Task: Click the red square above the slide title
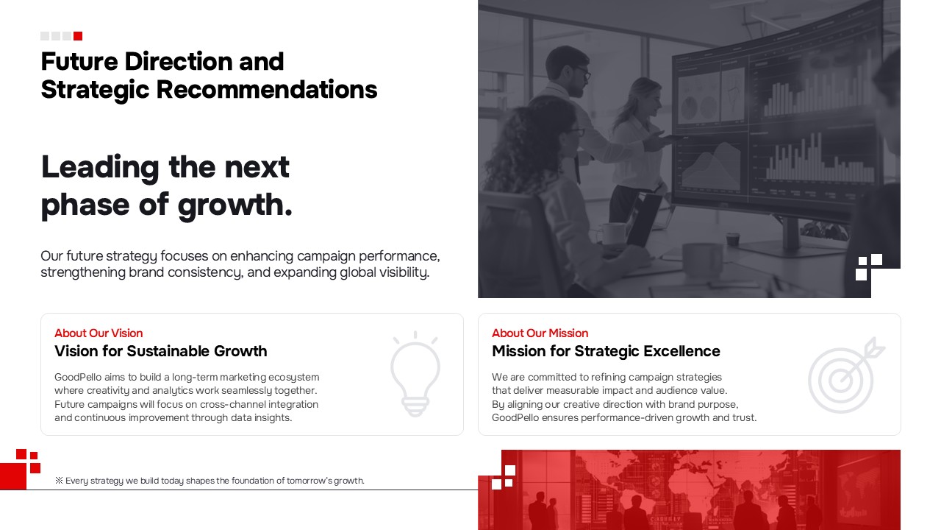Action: [x=78, y=36]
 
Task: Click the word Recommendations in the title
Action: [x=267, y=90]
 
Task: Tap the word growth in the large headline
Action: [x=235, y=205]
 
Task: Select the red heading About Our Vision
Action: [x=99, y=333]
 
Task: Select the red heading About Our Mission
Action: [x=540, y=333]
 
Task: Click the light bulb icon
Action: [x=415, y=374]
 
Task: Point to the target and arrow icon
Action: [x=846, y=375]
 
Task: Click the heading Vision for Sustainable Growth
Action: [x=161, y=351]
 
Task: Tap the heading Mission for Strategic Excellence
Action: [x=606, y=351]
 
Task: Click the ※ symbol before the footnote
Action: [x=59, y=481]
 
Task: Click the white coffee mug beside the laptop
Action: [x=614, y=234]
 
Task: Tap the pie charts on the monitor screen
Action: [x=698, y=105]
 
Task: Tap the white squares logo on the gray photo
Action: [x=869, y=266]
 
